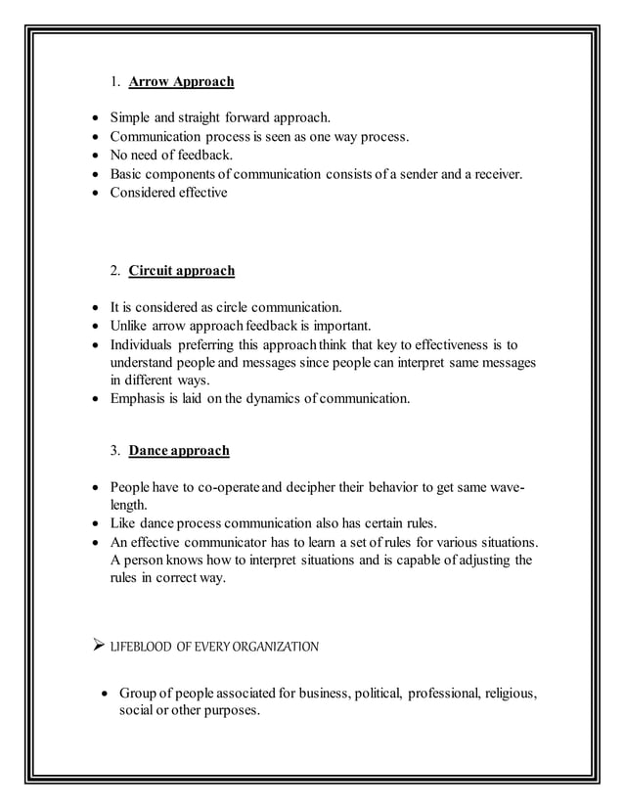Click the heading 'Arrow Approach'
[x=181, y=81]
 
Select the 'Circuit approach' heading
[x=181, y=270]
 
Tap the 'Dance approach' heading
[x=179, y=451]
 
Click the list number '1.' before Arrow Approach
[x=115, y=81]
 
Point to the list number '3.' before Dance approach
[x=115, y=451]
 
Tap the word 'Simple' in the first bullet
[x=132, y=119]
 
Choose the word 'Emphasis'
[x=141, y=398]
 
